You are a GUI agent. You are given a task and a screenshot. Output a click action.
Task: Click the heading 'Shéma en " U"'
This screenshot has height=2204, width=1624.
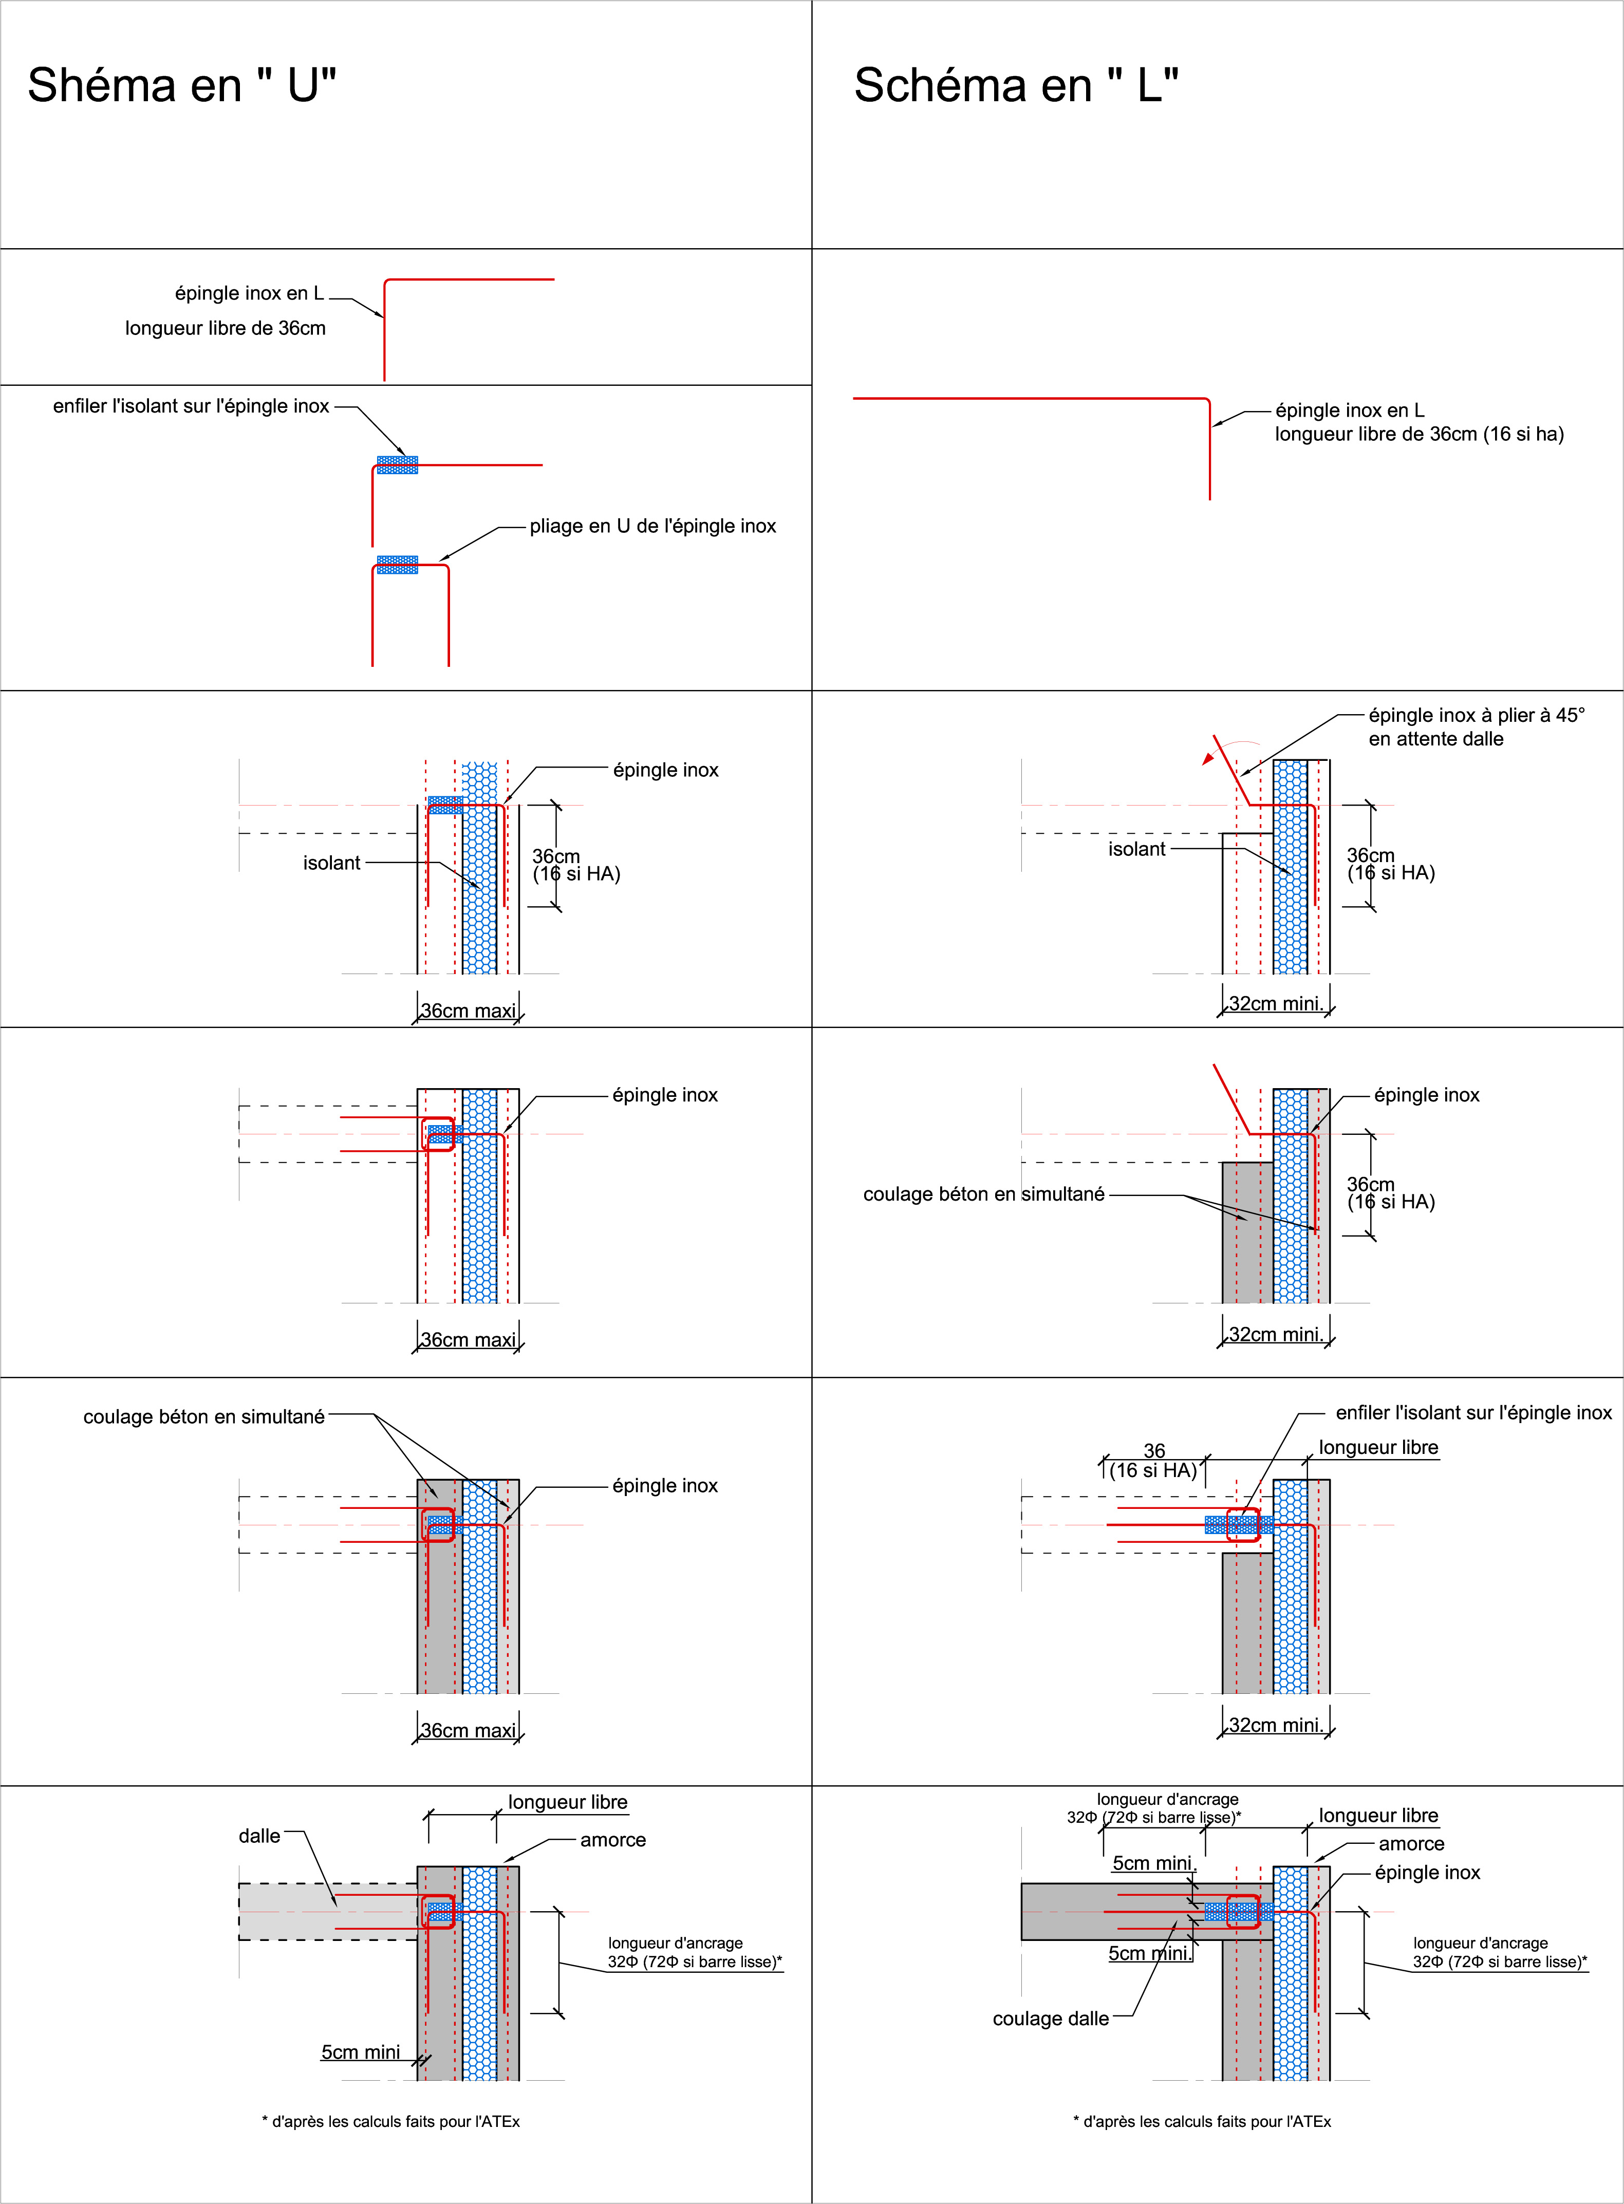pyautogui.click(x=182, y=85)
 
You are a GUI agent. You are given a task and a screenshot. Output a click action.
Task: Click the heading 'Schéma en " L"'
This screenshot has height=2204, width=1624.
pyautogui.click(x=1016, y=85)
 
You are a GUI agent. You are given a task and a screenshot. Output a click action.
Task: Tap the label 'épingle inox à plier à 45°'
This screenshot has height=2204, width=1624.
pyautogui.click(x=1476, y=715)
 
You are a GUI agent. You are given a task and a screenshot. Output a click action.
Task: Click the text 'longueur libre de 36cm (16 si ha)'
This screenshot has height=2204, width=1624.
pyautogui.click(x=1418, y=434)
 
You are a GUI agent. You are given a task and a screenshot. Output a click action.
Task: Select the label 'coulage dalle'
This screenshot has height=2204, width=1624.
pyautogui.click(x=1050, y=2018)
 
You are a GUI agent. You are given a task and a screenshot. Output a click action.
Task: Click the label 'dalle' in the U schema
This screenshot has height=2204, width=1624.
pyautogui.click(x=259, y=1835)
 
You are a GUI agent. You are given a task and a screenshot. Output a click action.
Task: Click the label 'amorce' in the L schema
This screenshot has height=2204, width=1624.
pyautogui.click(x=1411, y=1843)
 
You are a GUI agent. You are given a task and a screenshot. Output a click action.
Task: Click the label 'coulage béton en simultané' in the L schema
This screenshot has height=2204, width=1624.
pyautogui.click(x=983, y=1193)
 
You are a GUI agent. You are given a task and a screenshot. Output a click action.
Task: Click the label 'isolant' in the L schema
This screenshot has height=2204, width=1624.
pyautogui.click(x=1136, y=848)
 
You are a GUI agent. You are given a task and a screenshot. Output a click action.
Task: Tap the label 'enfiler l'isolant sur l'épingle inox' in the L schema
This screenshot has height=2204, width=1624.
pyautogui.click(x=1472, y=1412)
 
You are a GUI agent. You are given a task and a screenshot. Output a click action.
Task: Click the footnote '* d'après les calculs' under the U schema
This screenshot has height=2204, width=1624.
pyautogui.click(x=390, y=2121)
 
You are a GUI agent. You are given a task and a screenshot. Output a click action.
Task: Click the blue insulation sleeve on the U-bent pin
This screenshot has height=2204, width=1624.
pyautogui.click(x=397, y=564)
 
